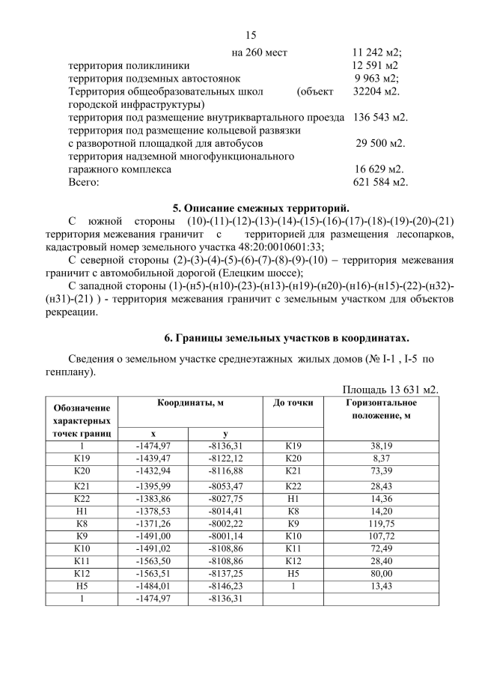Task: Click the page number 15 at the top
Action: tap(250, 35)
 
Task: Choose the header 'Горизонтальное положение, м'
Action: tap(381, 410)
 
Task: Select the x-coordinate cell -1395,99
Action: tap(153, 485)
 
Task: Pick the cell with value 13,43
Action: tap(381, 586)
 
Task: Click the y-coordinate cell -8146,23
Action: tap(225, 586)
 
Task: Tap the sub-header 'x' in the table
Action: tap(153, 433)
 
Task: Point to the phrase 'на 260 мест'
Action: tap(260, 52)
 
